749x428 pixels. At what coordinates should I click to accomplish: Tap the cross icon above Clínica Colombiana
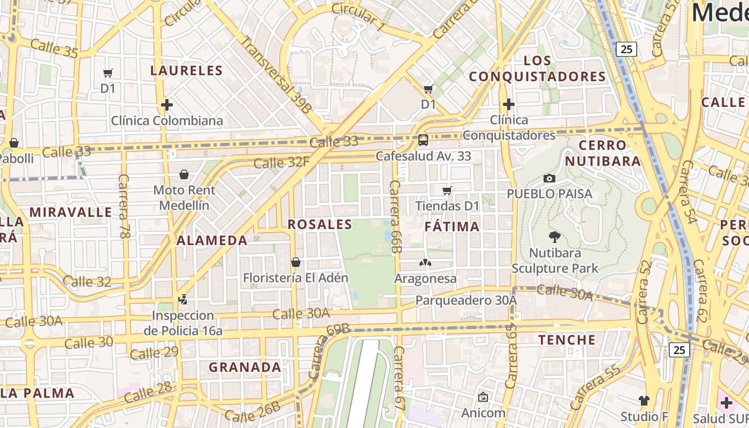tap(167, 105)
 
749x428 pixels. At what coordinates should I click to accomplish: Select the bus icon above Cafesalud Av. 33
tap(423, 140)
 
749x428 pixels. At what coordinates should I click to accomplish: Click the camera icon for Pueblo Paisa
tap(549, 178)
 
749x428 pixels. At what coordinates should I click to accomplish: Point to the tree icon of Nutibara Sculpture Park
tap(555, 236)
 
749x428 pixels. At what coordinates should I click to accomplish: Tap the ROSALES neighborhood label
tap(320, 225)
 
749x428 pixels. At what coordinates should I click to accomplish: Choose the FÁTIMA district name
tap(452, 227)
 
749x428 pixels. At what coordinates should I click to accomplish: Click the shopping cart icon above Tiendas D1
tap(447, 190)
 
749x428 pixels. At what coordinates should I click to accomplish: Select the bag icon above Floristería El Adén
tap(295, 262)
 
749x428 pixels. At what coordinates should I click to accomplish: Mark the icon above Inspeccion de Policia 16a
tap(183, 300)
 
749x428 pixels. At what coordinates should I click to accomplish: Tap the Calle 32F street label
tap(281, 162)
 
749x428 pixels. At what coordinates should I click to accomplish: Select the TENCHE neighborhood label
tap(567, 340)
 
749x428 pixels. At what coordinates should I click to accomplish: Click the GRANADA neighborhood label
tap(244, 368)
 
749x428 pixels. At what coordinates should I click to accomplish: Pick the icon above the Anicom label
tap(483, 397)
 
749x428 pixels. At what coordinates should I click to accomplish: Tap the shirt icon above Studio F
tap(644, 400)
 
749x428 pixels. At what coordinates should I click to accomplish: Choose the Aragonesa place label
tap(425, 279)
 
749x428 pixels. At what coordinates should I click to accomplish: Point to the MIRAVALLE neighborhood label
tap(71, 212)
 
